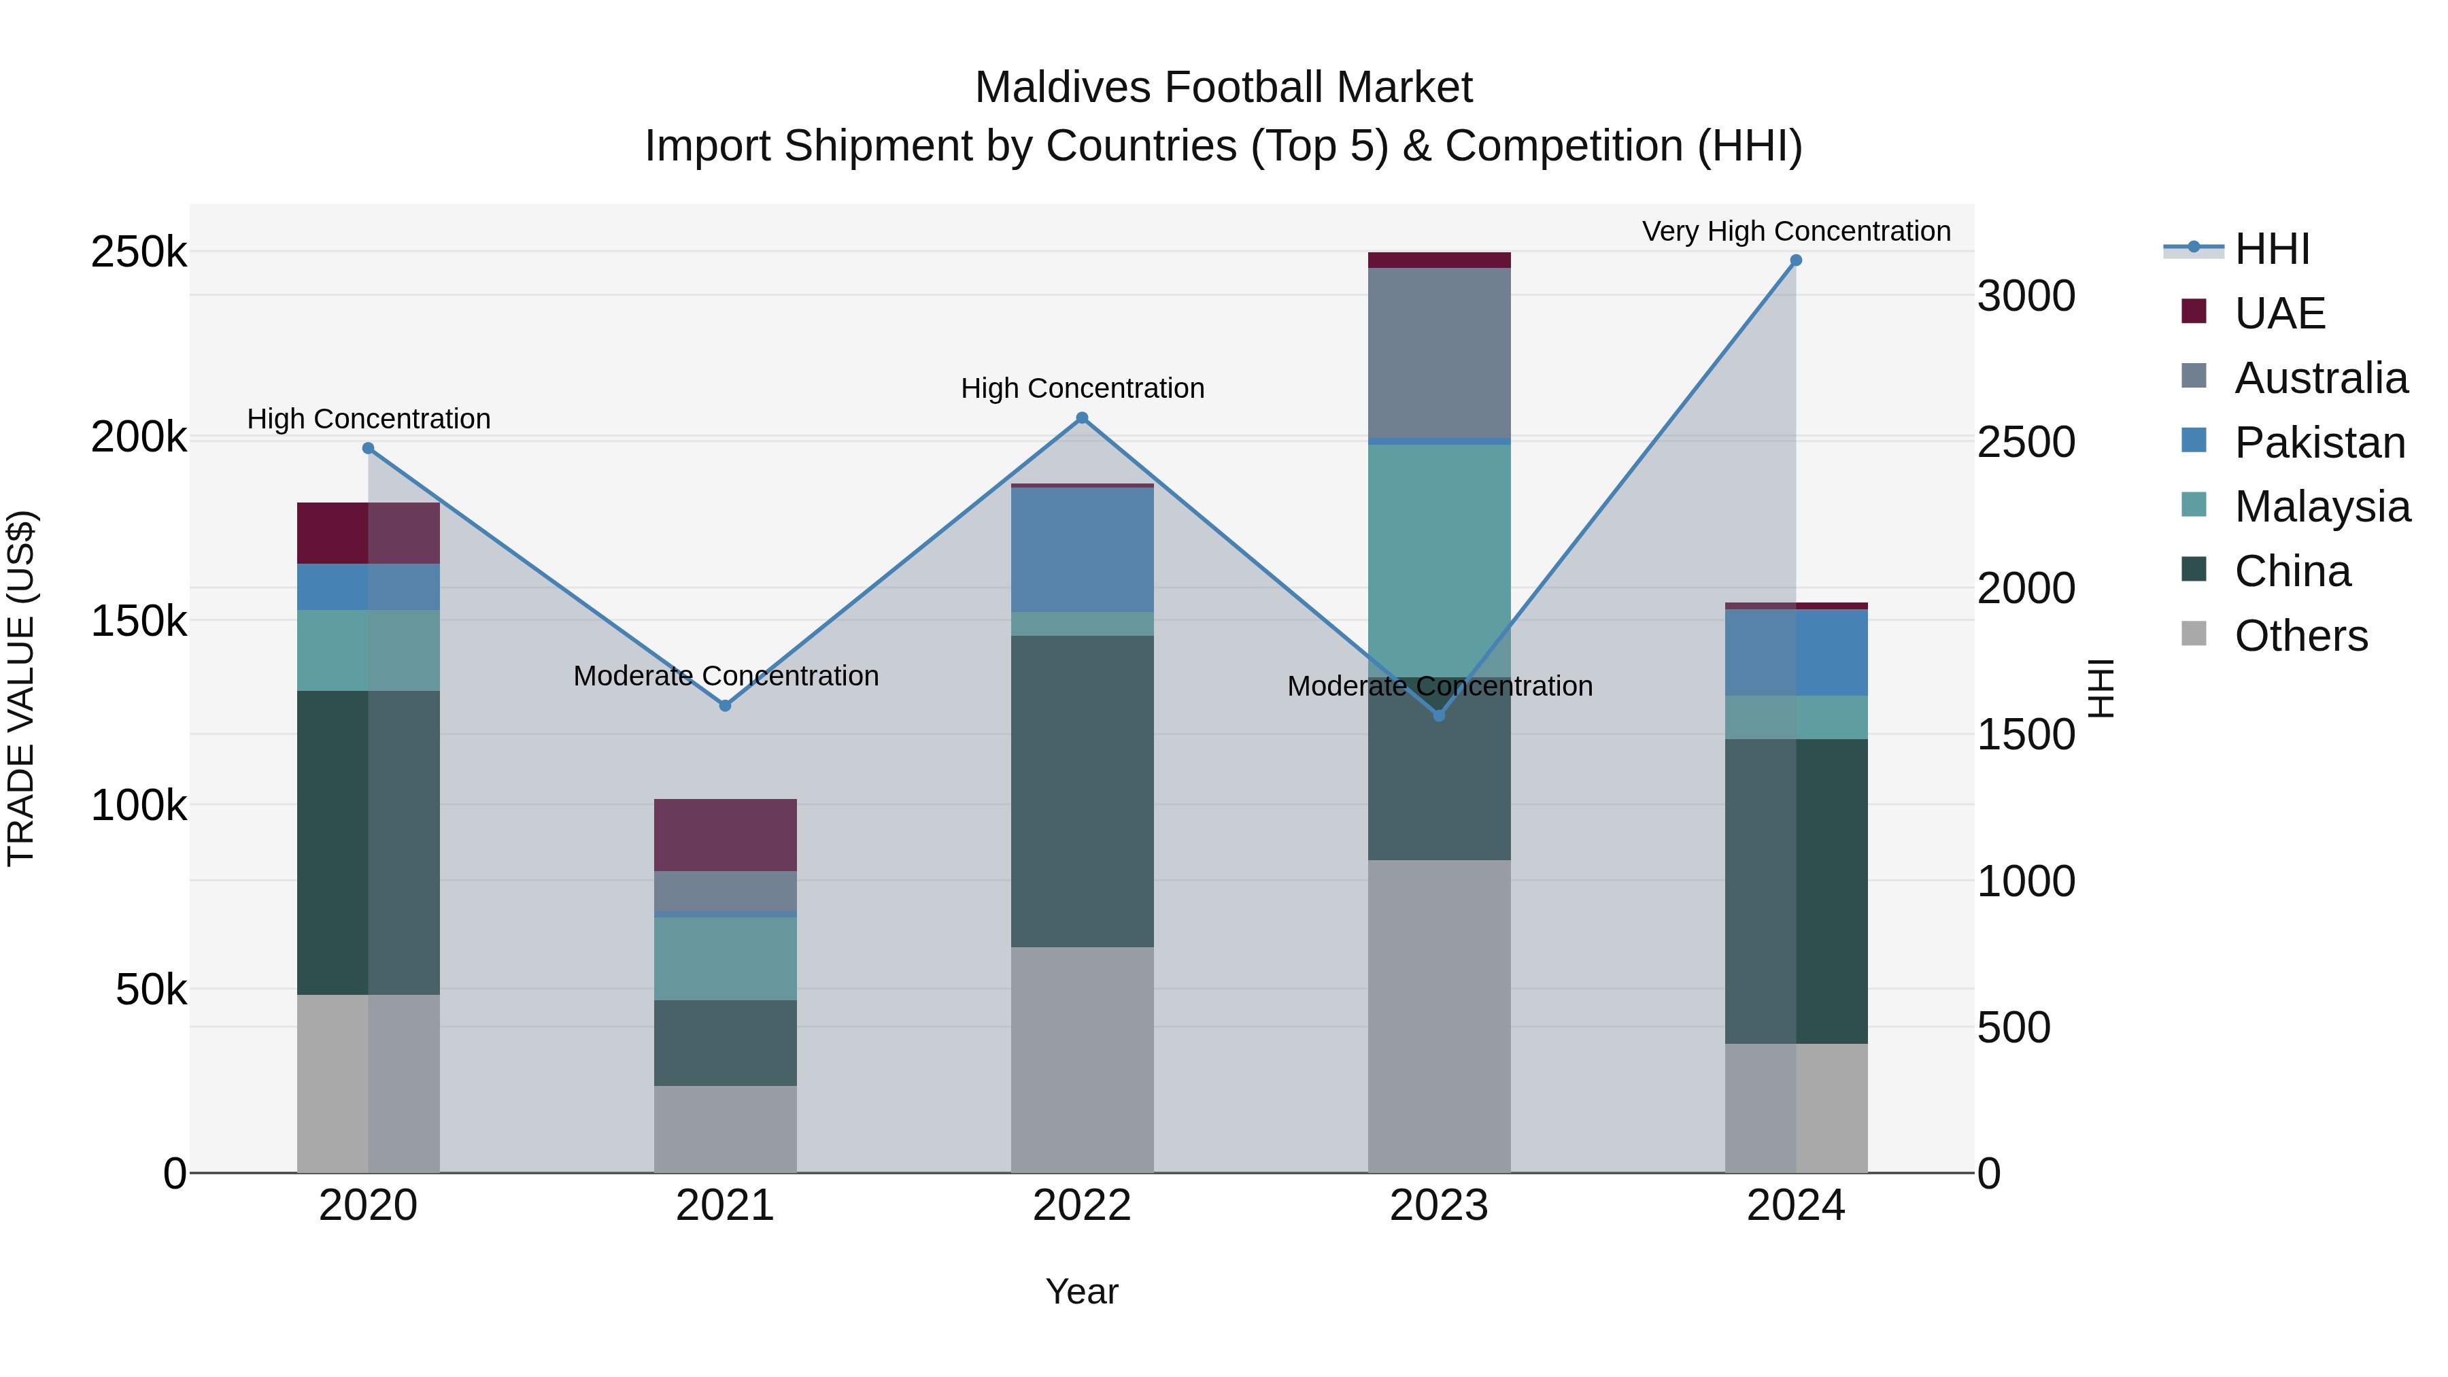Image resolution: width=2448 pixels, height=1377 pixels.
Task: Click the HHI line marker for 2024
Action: [x=1795, y=260]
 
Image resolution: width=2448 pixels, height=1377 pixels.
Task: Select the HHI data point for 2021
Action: [x=725, y=706]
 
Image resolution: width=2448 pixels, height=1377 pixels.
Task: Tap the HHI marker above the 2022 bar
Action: [x=1081, y=418]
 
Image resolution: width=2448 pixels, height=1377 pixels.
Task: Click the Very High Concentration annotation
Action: [x=1795, y=231]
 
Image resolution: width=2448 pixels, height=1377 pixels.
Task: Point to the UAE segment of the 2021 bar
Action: [x=725, y=835]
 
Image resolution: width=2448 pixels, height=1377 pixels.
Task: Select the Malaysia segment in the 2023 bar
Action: [x=1439, y=561]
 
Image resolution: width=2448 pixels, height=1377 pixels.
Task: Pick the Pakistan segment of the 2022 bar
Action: [x=1081, y=549]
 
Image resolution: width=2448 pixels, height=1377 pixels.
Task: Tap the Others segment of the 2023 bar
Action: [x=1439, y=1016]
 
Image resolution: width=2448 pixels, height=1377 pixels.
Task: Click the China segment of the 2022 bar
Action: [x=1081, y=791]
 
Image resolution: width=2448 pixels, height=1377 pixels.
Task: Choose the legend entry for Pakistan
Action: [x=2319, y=443]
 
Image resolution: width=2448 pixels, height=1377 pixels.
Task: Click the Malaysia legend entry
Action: [x=2321, y=507]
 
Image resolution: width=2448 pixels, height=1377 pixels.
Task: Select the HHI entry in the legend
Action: [x=2271, y=249]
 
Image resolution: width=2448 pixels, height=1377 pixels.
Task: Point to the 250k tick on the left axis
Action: [x=139, y=253]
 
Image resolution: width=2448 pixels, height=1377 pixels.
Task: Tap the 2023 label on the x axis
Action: [x=1439, y=1206]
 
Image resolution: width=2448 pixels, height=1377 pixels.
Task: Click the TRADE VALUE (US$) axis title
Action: [x=21, y=688]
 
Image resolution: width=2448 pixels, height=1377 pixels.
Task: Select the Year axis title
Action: [x=1081, y=1291]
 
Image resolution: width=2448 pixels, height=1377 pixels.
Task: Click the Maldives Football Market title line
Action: [x=1223, y=88]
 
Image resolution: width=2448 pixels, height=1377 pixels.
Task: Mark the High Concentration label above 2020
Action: [x=369, y=419]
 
